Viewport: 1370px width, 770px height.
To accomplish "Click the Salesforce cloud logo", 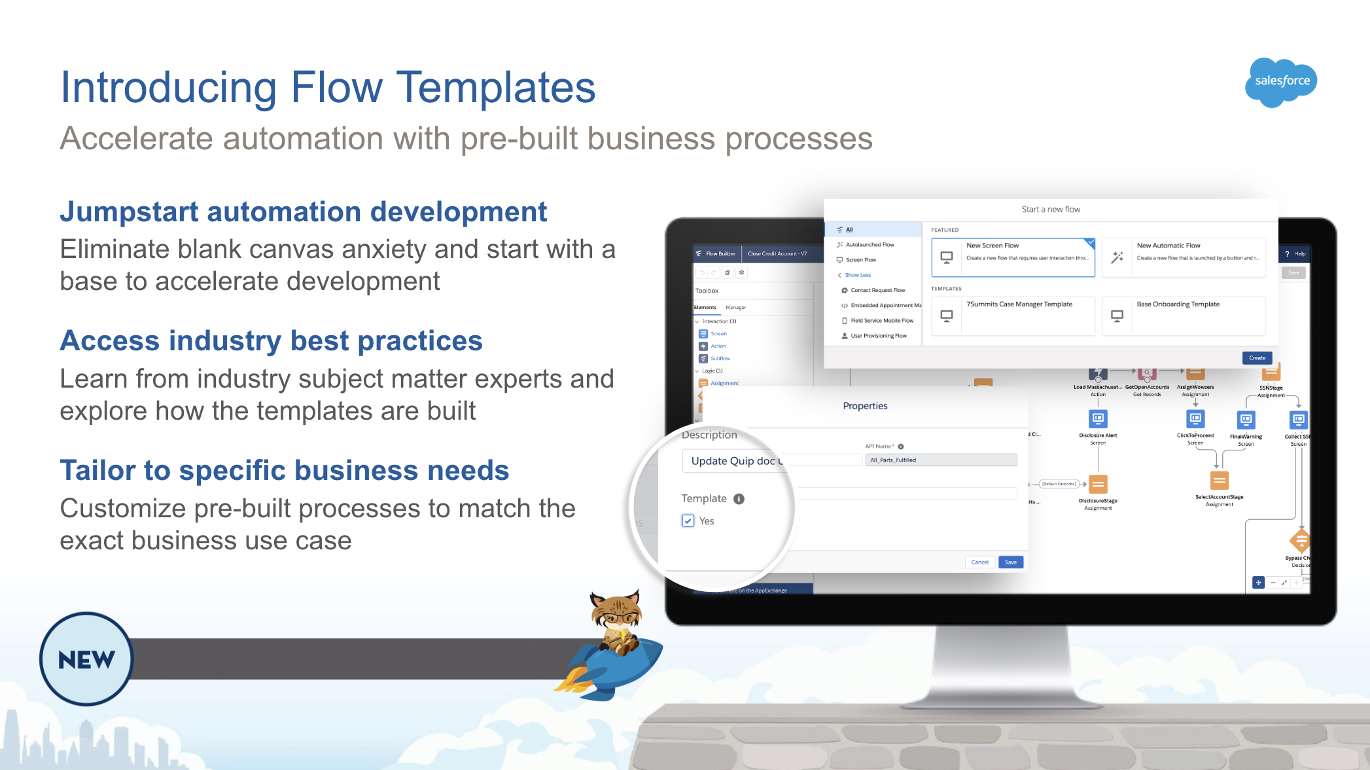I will (1281, 81).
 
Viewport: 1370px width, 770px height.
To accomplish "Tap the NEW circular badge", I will (86, 659).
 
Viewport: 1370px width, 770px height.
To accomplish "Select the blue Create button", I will (1257, 357).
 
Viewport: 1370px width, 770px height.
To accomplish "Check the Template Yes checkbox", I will (688, 521).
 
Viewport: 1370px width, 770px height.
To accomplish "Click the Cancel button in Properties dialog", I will (979, 562).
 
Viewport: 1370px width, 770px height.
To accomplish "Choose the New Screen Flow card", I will (1013, 257).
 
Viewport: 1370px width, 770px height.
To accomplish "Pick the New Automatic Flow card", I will (1184, 257).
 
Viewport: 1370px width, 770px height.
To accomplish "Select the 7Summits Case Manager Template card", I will (1013, 316).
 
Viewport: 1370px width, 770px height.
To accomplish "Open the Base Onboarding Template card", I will (1184, 316).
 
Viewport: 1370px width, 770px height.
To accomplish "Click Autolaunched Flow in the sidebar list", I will (869, 245).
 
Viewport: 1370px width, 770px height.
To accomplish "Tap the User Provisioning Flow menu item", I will (878, 336).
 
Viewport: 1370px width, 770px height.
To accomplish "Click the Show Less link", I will (857, 275).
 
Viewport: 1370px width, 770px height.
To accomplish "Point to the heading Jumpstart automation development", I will (303, 212).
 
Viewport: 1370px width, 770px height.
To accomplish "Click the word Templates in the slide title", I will (495, 88).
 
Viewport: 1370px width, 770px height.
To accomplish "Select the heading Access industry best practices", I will (271, 341).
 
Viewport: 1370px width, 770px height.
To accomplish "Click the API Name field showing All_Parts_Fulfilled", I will (941, 460).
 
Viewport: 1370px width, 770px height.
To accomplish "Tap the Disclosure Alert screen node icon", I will (1098, 418).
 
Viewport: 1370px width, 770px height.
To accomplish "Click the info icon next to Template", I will (739, 499).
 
